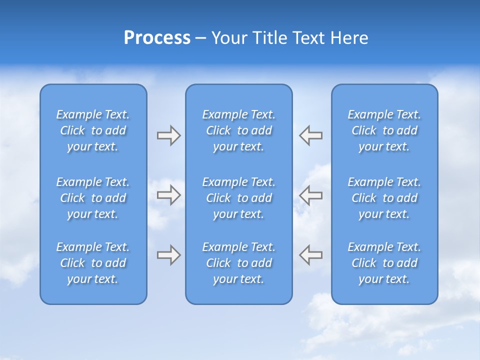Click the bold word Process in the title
click(x=157, y=38)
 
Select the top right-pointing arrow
click(x=168, y=135)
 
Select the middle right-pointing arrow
click(x=168, y=195)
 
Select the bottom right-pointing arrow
click(x=168, y=255)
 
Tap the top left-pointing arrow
click(x=311, y=135)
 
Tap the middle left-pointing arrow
click(x=311, y=195)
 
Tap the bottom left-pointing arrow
click(x=311, y=255)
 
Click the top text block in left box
click(x=93, y=130)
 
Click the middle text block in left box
click(x=93, y=198)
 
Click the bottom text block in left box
click(x=93, y=263)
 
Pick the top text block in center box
click(x=239, y=130)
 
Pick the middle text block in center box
click(x=239, y=198)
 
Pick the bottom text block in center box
click(x=239, y=263)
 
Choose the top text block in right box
click(x=384, y=130)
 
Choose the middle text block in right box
click(x=384, y=198)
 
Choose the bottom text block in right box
click(x=384, y=263)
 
